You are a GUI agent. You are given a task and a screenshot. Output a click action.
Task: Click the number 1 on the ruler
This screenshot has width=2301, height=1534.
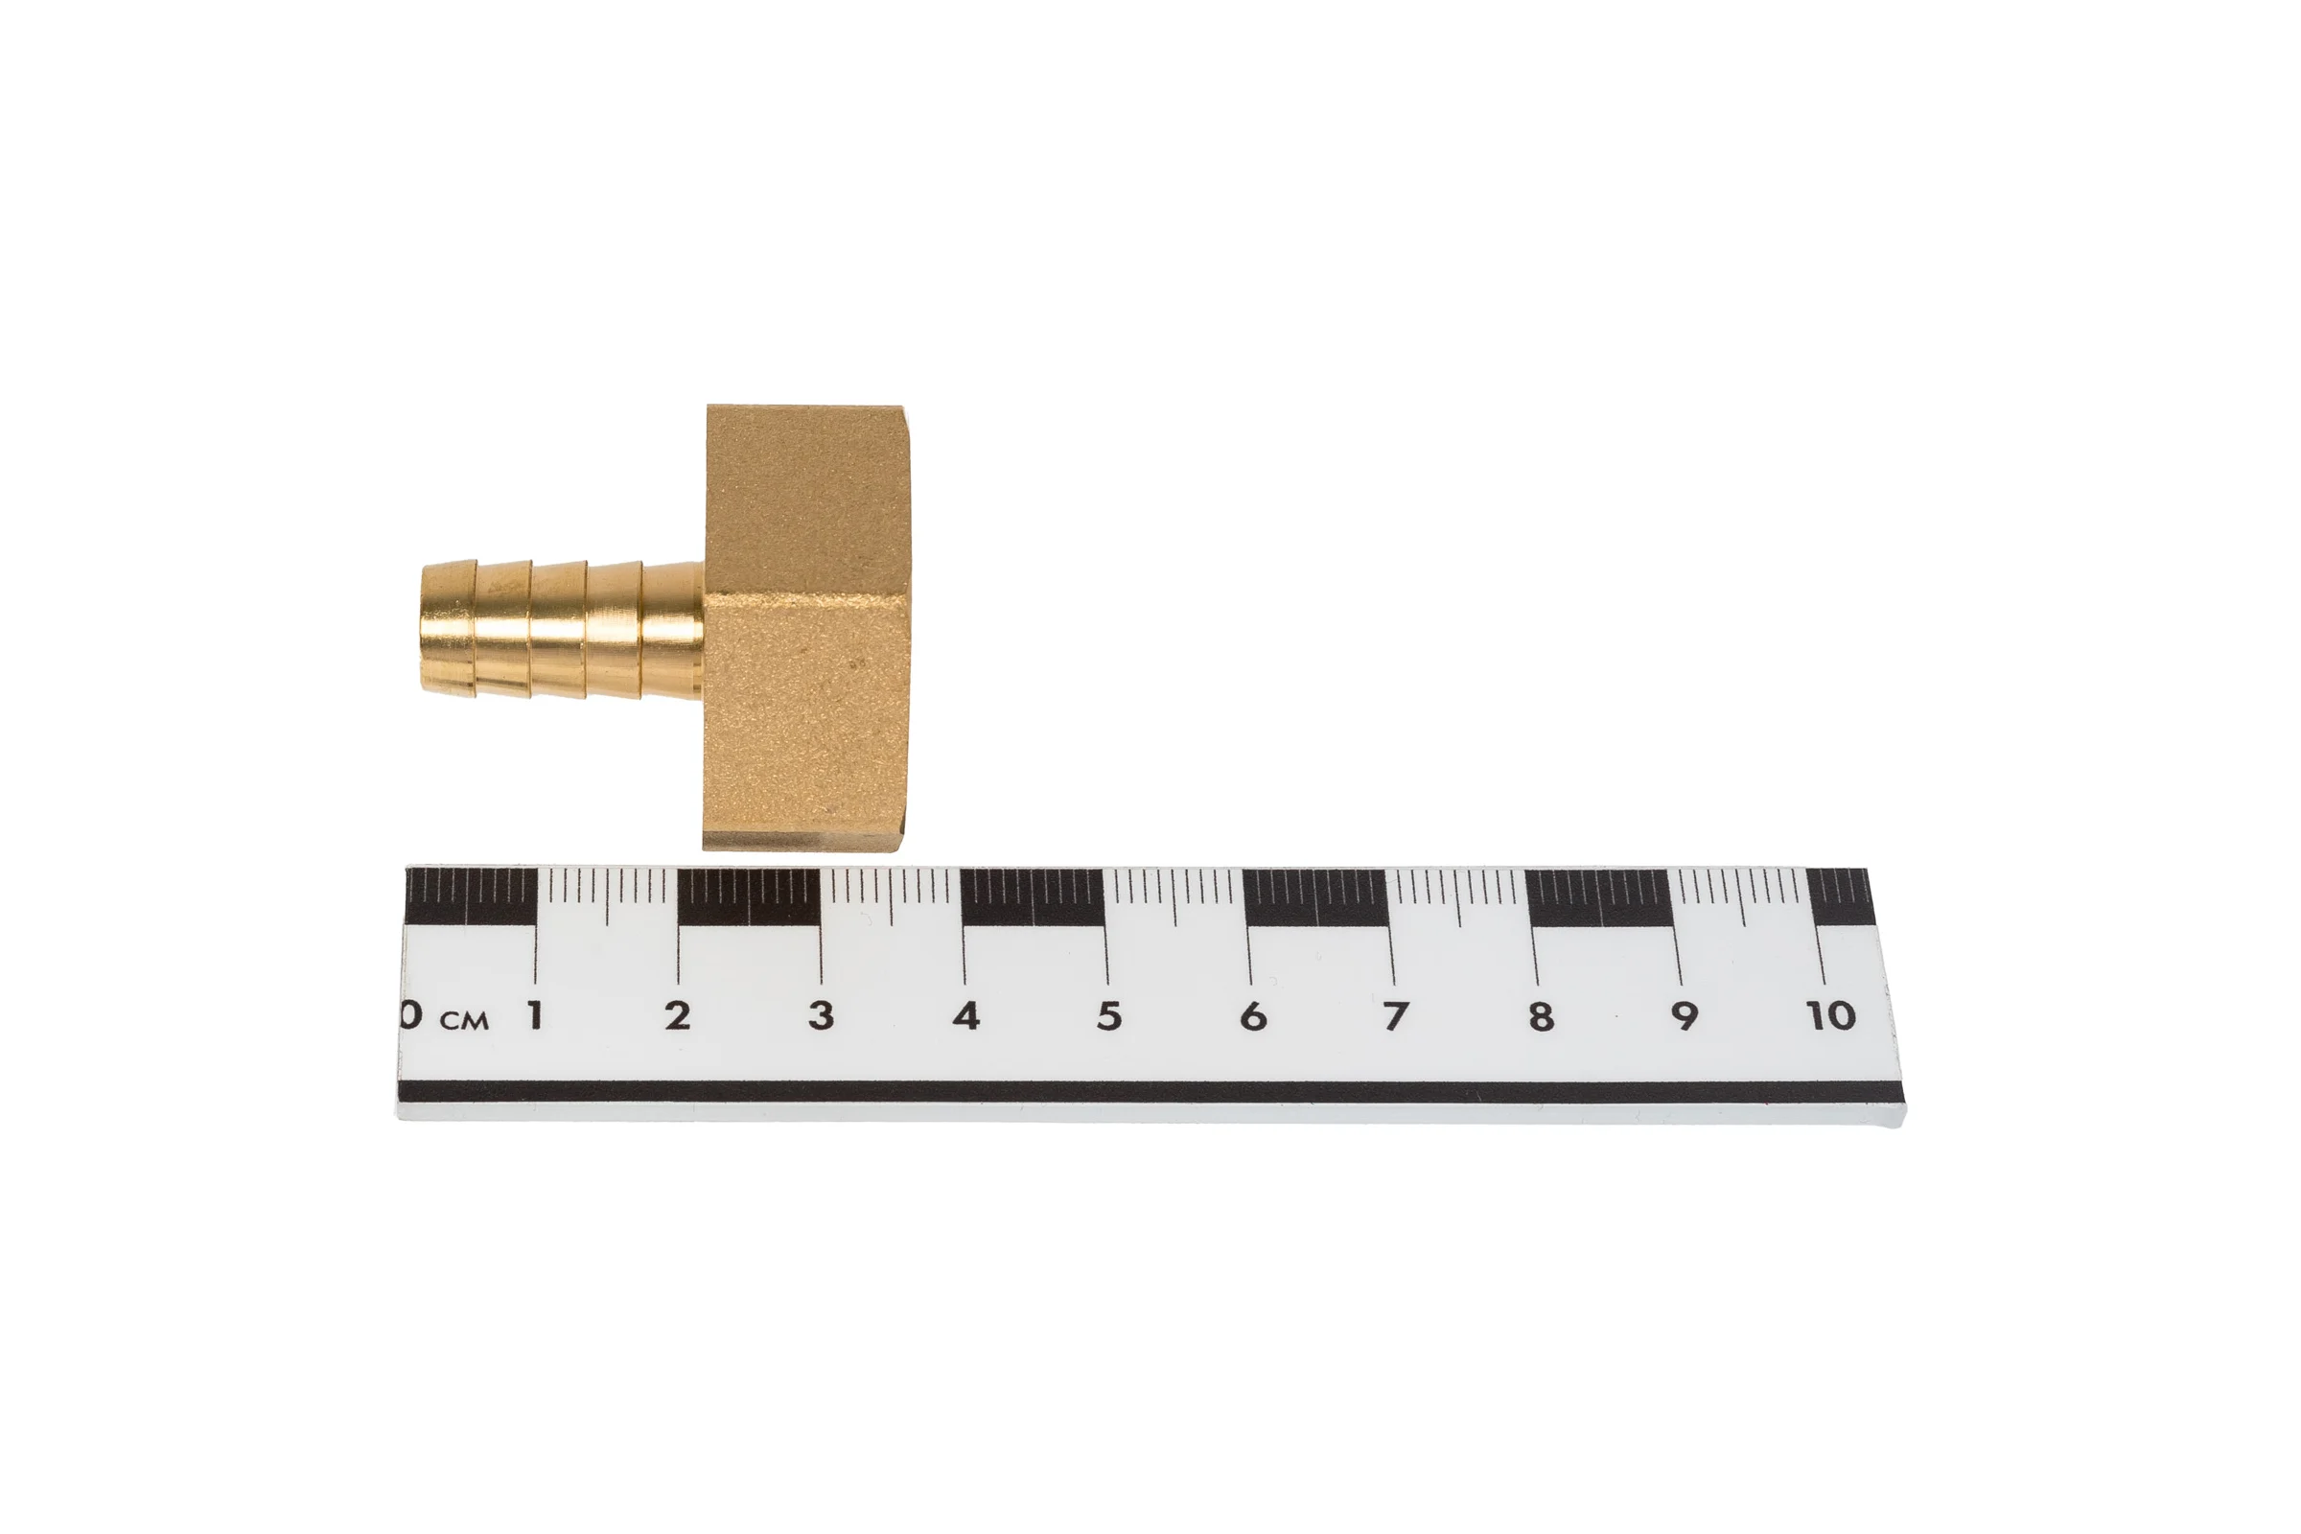tap(534, 1016)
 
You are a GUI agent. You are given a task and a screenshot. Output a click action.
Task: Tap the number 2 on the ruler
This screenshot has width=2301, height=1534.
tap(677, 1016)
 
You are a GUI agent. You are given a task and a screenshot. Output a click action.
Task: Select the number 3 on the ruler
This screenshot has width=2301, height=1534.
tap(822, 1016)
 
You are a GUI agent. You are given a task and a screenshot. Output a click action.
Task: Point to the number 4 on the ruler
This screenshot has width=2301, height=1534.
tap(965, 1016)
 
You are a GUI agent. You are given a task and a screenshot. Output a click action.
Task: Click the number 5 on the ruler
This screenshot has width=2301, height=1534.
tap(1108, 1016)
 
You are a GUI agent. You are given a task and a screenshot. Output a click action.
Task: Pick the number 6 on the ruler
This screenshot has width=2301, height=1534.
tap(1252, 1016)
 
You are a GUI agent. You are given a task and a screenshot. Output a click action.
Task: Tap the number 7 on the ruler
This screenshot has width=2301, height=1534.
tap(1395, 1016)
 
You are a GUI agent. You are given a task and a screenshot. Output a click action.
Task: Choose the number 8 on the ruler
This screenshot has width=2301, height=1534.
tap(1540, 1016)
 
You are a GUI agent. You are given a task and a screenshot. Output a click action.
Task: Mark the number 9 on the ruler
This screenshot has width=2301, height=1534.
tap(1684, 1016)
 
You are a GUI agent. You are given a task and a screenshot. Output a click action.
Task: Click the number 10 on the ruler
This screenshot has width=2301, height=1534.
tap(1830, 1016)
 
